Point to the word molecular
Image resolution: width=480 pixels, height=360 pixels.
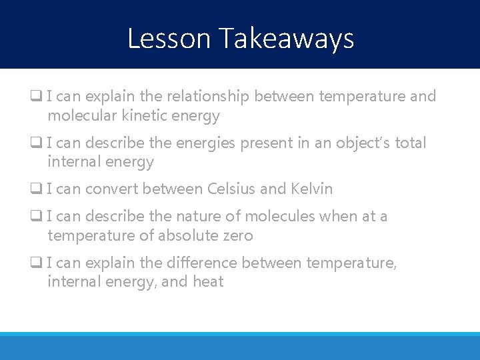click(80, 115)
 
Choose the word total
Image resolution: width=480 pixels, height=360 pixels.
click(410, 143)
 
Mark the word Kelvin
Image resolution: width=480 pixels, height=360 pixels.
click(311, 189)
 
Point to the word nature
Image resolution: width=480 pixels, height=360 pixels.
click(199, 216)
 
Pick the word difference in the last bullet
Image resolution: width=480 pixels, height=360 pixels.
click(205, 263)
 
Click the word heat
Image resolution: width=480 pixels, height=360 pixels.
click(208, 282)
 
